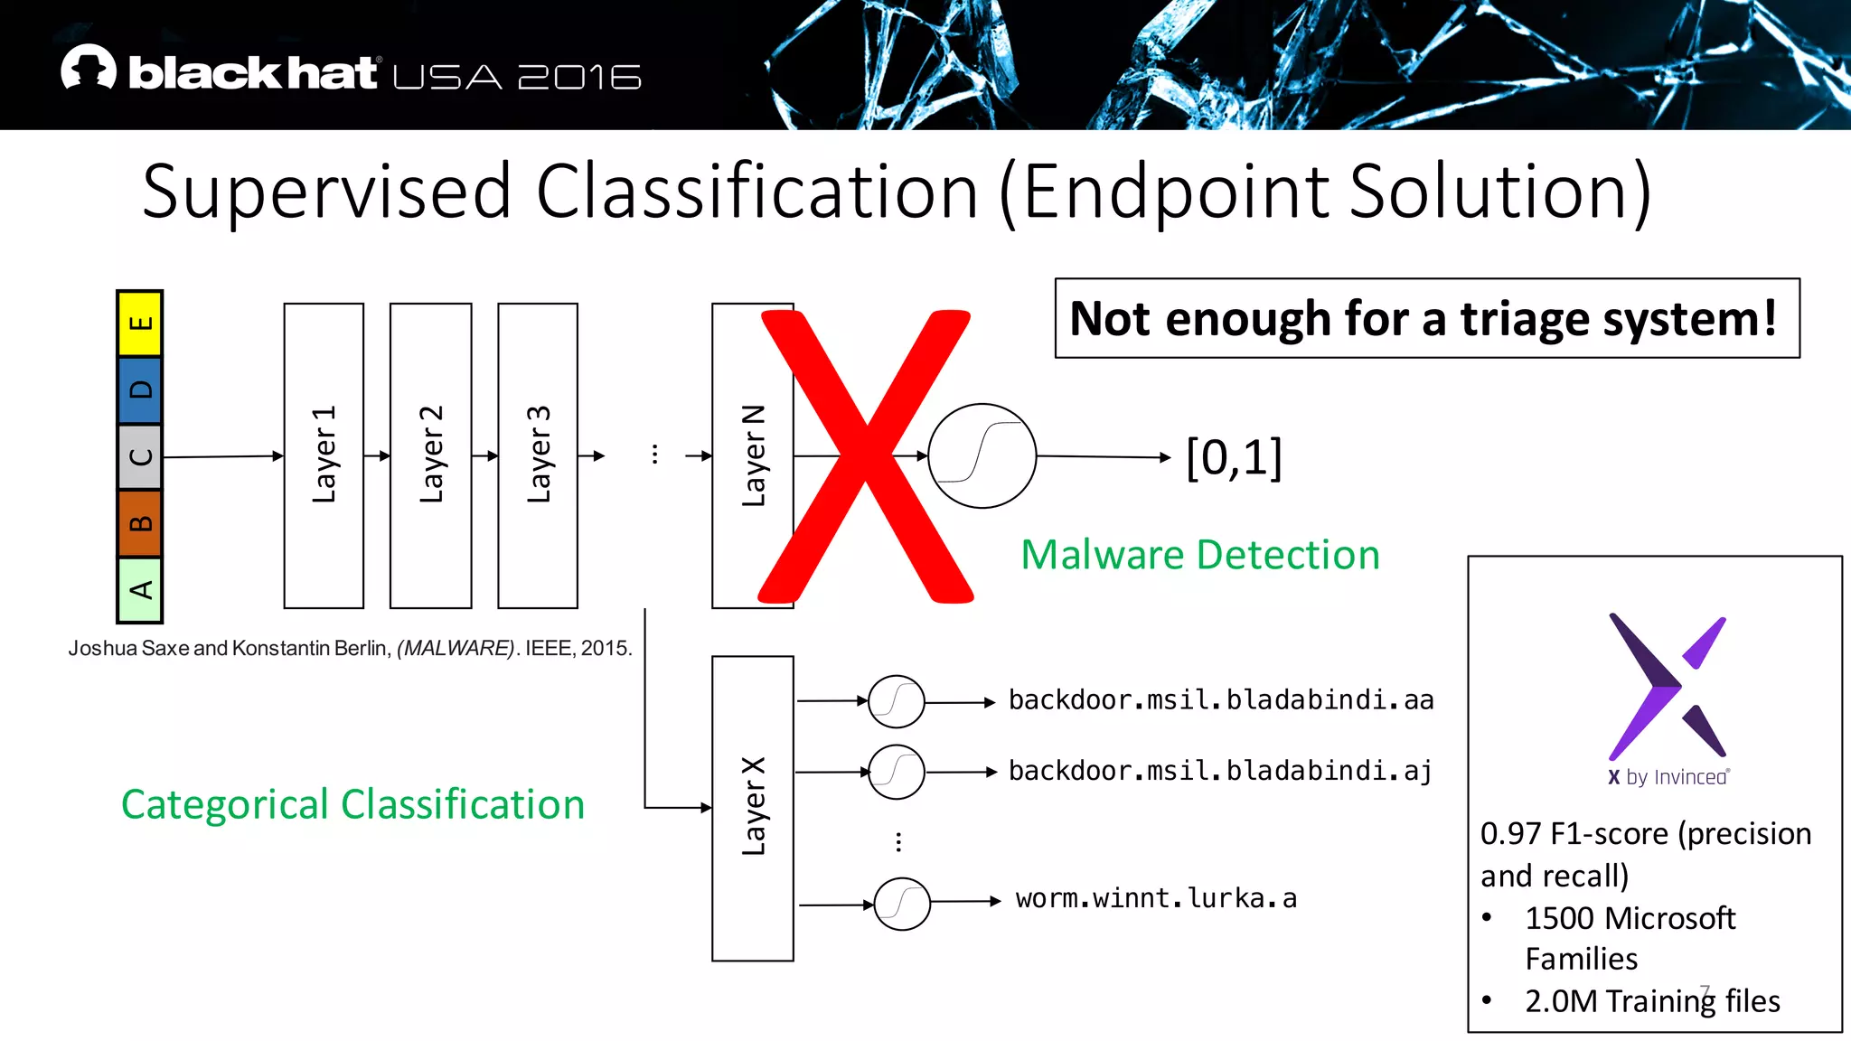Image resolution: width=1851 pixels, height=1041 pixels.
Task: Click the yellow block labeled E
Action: pos(140,324)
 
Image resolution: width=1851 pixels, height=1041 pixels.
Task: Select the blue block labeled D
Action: pos(140,390)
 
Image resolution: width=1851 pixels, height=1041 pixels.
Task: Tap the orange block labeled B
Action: pos(140,523)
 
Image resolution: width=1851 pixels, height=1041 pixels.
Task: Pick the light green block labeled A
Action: pos(140,590)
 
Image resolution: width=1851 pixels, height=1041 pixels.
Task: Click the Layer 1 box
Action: pos(324,455)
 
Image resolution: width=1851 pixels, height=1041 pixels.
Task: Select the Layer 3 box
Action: pos(538,455)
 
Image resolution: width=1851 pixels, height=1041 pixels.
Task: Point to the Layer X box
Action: pos(752,808)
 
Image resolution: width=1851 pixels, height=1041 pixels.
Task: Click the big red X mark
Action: pos(866,456)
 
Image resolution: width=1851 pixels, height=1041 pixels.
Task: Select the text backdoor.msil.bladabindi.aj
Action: pos(1220,771)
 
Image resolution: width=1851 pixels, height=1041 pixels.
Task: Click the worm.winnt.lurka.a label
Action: pos(1156,898)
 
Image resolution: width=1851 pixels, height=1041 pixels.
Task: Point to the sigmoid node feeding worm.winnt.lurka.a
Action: pos(902,903)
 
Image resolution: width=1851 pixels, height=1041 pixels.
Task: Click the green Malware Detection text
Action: pos(1200,555)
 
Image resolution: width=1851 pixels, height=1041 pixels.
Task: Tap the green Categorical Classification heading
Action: pos(352,804)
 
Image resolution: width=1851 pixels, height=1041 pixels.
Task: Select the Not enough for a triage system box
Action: pos(1426,318)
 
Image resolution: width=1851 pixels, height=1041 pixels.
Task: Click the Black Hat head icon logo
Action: pos(89,68)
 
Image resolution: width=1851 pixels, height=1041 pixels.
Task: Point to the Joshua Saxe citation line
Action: pos(350,648)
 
